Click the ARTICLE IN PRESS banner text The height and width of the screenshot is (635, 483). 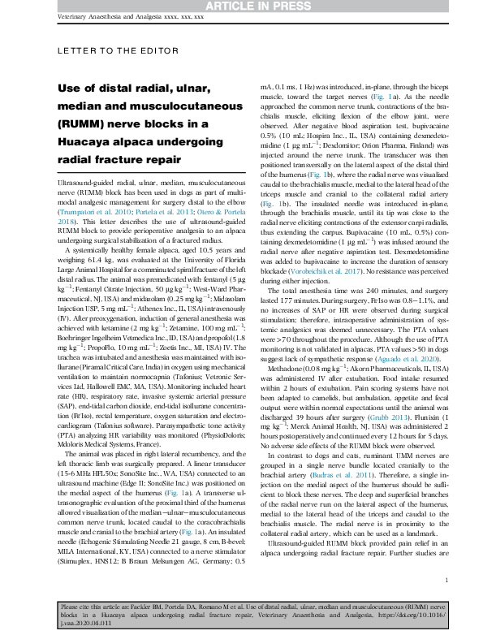coord(241,6)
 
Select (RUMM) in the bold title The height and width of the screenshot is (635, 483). coord(82,123)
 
